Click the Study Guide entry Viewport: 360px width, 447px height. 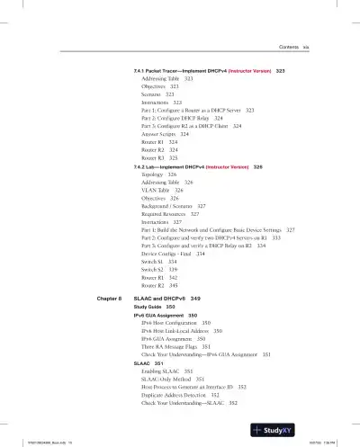[148, 307]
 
